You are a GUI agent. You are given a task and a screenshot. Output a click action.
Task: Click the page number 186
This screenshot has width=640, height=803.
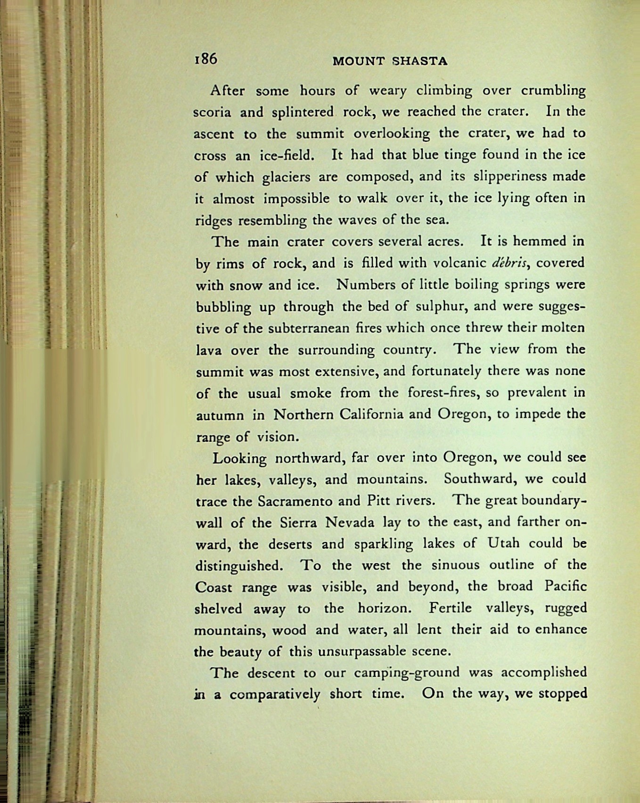tap(205, 59)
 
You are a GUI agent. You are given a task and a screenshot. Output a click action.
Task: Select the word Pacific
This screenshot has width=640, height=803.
tap(565, 586)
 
